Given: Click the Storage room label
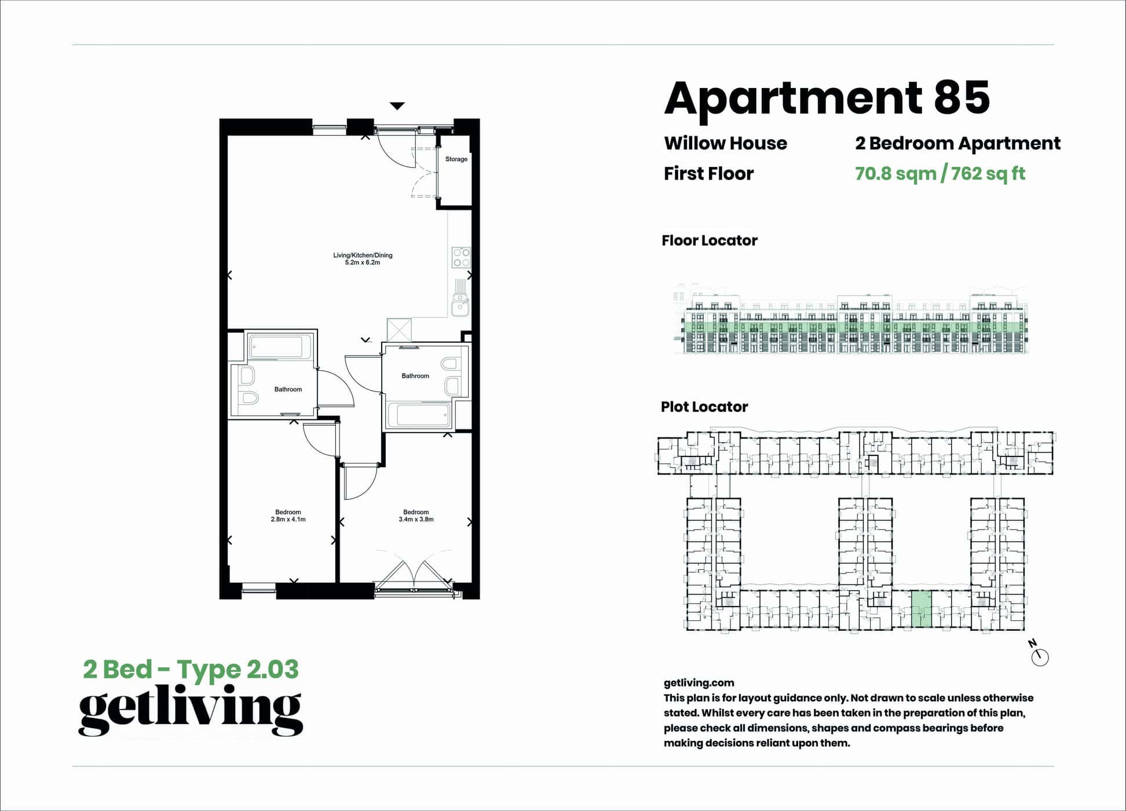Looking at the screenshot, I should (x=456, y=159).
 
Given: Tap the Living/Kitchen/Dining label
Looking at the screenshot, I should (x=363, y=255).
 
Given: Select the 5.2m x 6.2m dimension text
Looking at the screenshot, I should (x=363, y=263).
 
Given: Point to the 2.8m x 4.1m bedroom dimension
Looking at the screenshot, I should (x=288, y=520).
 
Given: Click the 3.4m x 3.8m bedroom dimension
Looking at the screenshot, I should (x=416, y=520).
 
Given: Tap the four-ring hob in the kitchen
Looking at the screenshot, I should (x=462, y=257).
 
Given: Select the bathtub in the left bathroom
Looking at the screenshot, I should (x=276, y=347).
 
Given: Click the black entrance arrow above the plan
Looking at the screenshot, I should (x=397, y=106).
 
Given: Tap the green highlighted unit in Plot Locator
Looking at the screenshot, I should (x=921, y=609).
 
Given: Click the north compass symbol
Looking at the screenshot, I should (x=1040, y=657).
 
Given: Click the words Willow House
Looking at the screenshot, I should (x=725, y=143).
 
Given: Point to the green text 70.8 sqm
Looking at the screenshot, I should (x=895, y=173).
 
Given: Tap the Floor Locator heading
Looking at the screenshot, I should (x=709, y=240).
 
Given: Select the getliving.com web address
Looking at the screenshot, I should (x=699, y=682).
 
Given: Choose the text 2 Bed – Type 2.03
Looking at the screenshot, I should (x=191, y=669).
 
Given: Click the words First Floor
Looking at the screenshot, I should (x=708, y=173).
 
